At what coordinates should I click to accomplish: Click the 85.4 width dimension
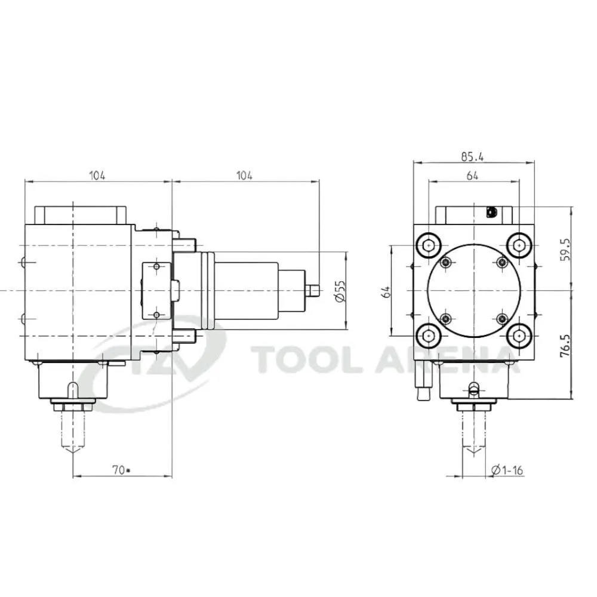[x=472, y=156]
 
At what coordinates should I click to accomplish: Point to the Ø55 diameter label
[x=340, y=291]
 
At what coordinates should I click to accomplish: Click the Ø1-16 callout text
[x=507, y=470]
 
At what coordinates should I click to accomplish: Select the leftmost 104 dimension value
[x=97, y=176]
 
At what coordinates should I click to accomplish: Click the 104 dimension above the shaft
[x=244, y=176]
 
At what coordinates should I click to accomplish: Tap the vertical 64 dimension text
[x=386, y=292]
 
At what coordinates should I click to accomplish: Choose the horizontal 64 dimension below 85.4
[x=472, y=176]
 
